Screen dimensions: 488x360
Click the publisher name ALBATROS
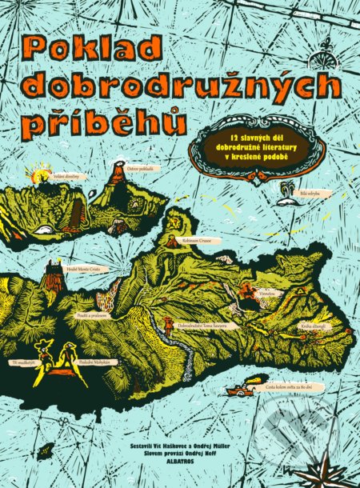click(182, 462)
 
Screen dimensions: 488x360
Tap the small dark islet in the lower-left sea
click(48, 450)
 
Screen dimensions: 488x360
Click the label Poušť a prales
click(93, 316)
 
